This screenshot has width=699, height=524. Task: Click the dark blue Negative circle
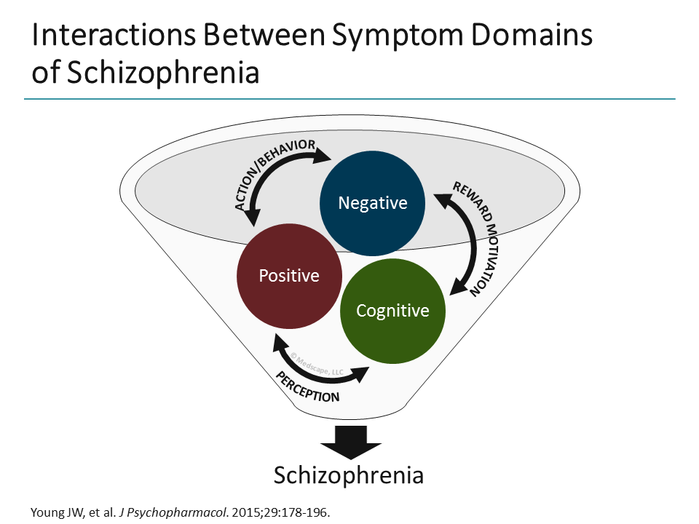[373, 203]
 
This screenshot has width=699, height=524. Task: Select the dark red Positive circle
[289, 276]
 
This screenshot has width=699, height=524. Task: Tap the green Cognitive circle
[392, 311]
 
